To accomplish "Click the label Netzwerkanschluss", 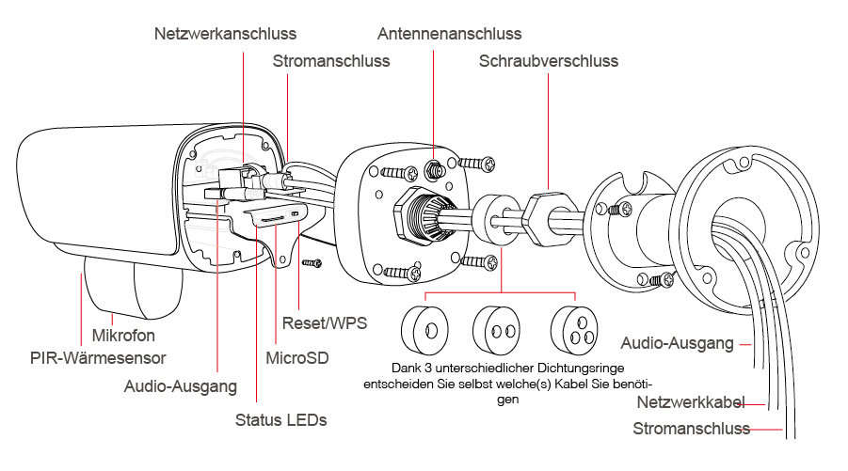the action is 225,34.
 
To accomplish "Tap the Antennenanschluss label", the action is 450,34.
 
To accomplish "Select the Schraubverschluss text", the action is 549,61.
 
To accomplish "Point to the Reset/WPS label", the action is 325,323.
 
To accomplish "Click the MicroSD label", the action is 296,357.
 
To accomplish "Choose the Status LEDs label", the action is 280,419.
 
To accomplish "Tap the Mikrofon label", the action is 123,336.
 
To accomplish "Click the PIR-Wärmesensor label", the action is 98,357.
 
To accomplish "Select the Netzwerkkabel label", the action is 691,402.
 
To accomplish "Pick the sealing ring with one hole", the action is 424,330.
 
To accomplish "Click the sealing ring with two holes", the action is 496,330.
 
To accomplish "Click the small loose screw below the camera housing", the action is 312,263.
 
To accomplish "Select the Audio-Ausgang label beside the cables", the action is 677,343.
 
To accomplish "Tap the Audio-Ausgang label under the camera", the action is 181,386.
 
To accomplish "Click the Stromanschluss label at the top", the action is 331,61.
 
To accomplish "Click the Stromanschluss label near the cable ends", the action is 691,429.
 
